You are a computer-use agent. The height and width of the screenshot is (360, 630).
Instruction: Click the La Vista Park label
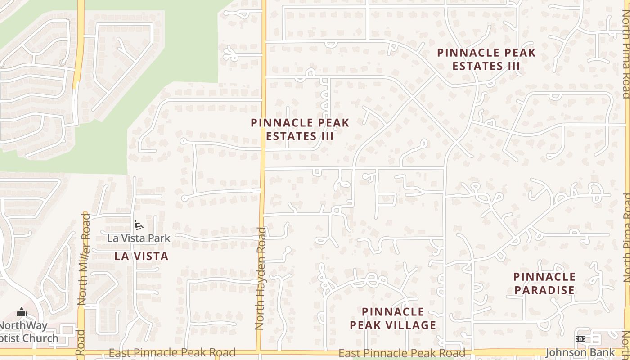pyautogui.click(x=139, y=238)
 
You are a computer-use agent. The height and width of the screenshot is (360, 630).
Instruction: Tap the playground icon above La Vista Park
pyautogui.click(x=138, y=225)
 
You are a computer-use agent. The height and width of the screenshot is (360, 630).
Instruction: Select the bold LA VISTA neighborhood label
pyautogui.click(x=141, y=256)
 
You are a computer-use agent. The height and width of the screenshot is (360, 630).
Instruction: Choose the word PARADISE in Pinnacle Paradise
pyautogui.click(x=544, y=290)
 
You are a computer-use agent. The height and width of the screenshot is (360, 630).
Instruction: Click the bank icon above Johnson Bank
pyautogui.click(x=580, y=339)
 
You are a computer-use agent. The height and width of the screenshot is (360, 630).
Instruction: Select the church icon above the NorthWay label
pyautogui.click(x=21, y=312)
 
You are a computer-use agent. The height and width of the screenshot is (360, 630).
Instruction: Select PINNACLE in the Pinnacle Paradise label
pyautogui.click(x=544, y=276)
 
